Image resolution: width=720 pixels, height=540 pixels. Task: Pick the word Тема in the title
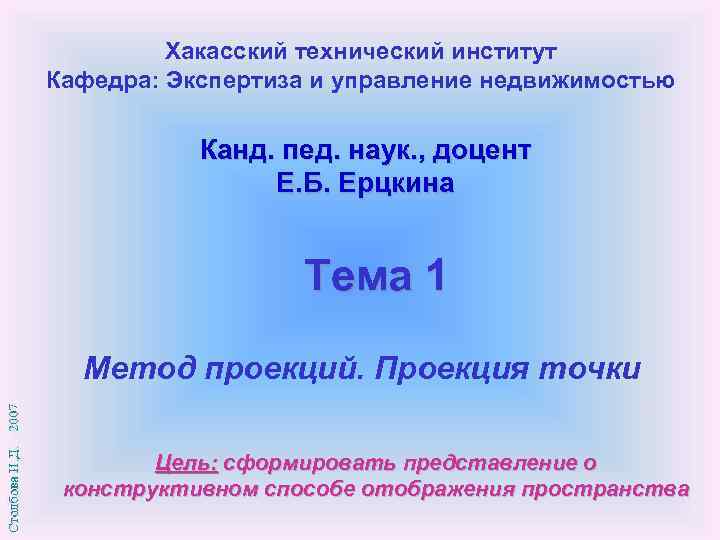(353, 275)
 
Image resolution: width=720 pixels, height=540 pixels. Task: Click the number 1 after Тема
(432, 275)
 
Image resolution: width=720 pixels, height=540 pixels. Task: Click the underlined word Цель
(186, 463)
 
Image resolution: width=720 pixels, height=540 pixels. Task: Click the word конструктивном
(159, 489)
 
